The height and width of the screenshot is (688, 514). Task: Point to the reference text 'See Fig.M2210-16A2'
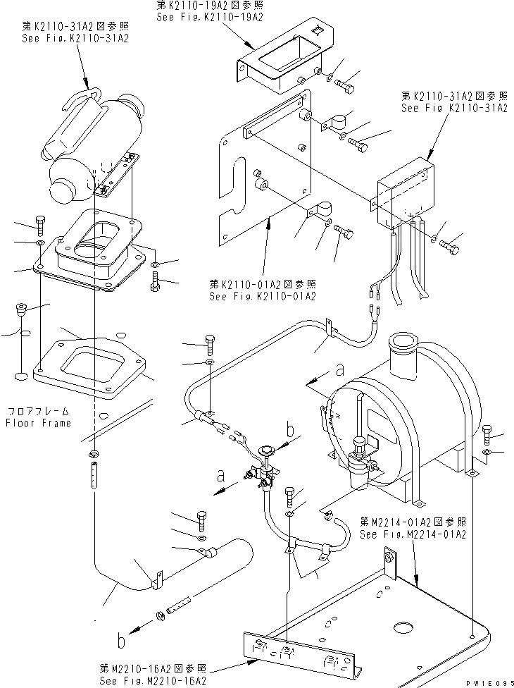point(153,681)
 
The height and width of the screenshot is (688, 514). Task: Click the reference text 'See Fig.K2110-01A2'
point(263,296)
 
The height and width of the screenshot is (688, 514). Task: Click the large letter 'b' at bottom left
point(121,641)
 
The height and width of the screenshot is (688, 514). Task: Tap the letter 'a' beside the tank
point(340,369)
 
